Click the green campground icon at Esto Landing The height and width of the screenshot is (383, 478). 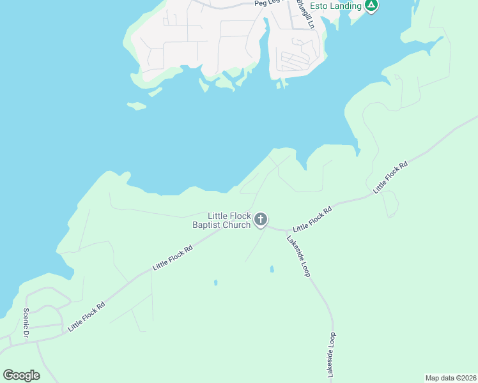pos(371,6)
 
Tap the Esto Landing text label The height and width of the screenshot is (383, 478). pos(335,6)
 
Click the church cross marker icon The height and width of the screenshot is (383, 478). pos(260,220)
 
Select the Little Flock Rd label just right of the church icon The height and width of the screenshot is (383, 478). pos(312,219)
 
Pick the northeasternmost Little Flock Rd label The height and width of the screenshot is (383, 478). pos(390,177)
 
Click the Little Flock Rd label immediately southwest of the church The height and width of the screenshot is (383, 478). pos(172,260)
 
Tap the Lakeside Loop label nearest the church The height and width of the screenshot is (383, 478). pos(298,256)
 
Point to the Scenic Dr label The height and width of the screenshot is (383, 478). pos(27,324)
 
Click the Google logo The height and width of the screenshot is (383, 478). pos(21,375)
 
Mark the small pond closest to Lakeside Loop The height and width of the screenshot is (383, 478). pos(272,269)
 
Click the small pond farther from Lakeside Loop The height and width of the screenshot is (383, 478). pos(215,282)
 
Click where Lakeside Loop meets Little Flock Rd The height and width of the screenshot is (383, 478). pos(284,230)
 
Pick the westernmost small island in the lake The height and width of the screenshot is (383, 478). pos(136,106)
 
